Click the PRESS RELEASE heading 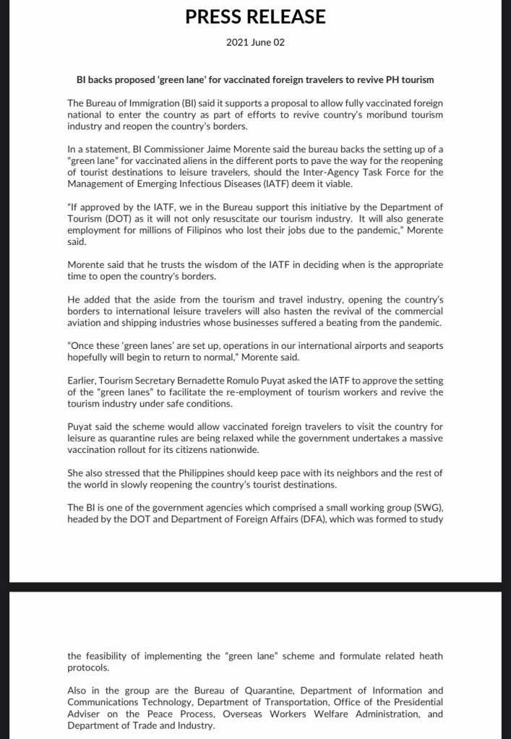255,17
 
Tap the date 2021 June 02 255,43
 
